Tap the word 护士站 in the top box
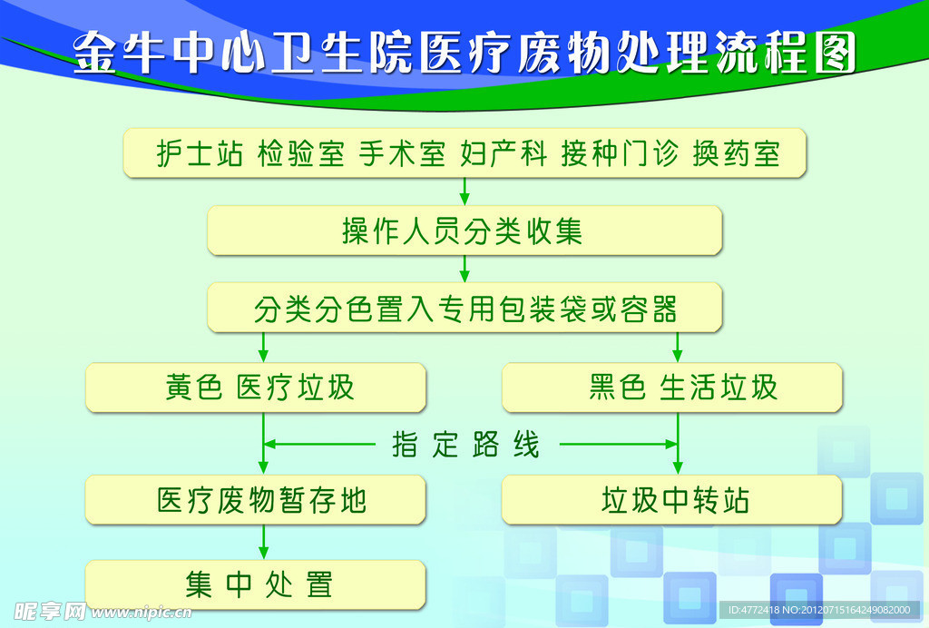tap(200, 153)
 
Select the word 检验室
tap(301, 153)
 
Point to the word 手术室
tap(402, 153)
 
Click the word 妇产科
tap(504, 153)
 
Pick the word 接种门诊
tap(620, 153)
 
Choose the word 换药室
tap(736, 153)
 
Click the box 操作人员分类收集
tap(464, 231)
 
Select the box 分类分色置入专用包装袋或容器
tap(464, 308)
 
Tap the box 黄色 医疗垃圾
tap(256, 388)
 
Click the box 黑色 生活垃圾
tap(672, 388)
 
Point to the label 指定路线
tap(465, 445)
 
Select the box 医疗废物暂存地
tap(256, 499)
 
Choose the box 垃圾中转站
tap(672, 499)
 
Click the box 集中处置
tap(256, 584)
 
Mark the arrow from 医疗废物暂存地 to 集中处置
tap(264, 542)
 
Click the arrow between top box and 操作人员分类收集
tap(464, 191)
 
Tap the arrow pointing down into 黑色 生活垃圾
tap(678, 348)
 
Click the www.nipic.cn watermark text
tap(141, 612)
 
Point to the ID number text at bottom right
tap(819, 610)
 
